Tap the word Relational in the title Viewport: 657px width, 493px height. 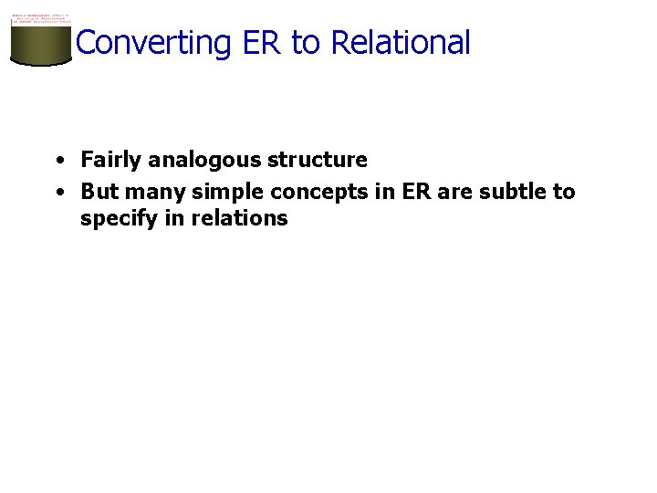click(x=401, y=43)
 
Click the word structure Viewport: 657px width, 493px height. click(x=318, y=161)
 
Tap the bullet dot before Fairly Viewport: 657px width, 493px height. click(x=57, y=161)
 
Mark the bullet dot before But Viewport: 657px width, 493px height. click(x=57, y=192)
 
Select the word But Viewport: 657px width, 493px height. click(x=99, y=192)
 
